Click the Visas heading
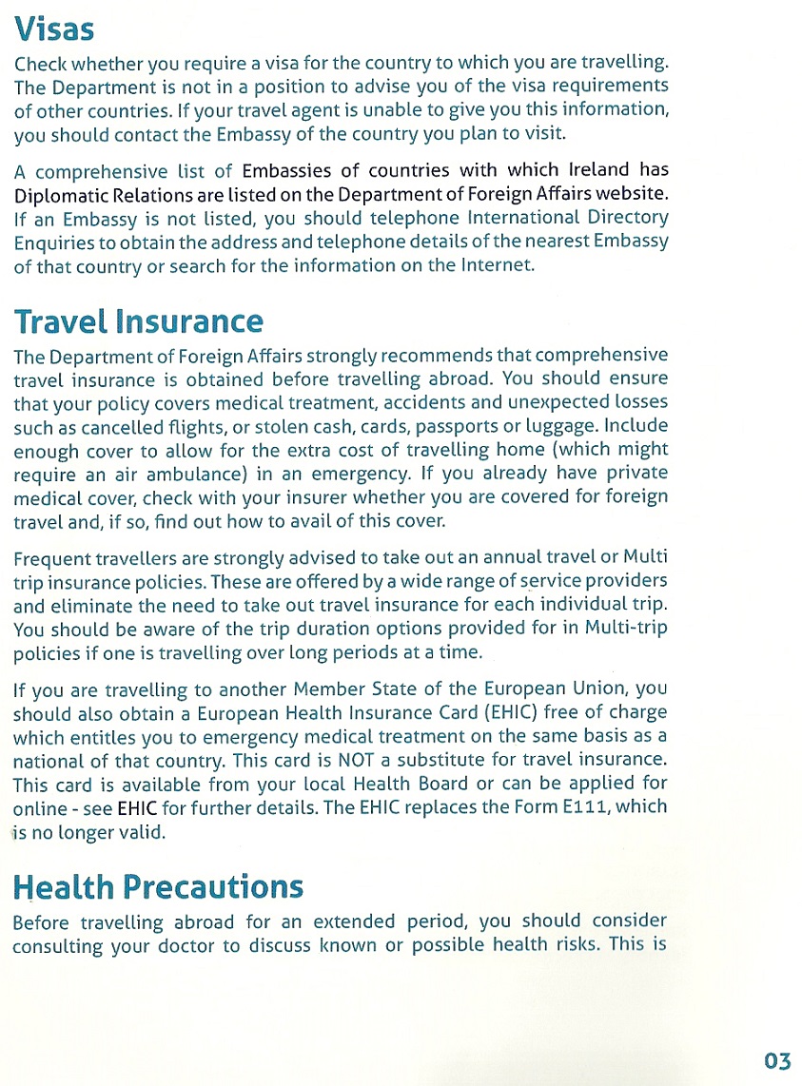pyautogui.click(x=54, y=29)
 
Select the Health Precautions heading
pyautogui.click(x=158, y=886)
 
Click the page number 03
pyautogui.click(x=776, y=1060)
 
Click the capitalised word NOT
pyautogui.click(x=363, y=760)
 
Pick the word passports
pyautogui.click(x=440, y=426)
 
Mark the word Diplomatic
pyautogui.click(x=59, y=194)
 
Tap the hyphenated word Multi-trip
pyautogui.click(x=626, y=628)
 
